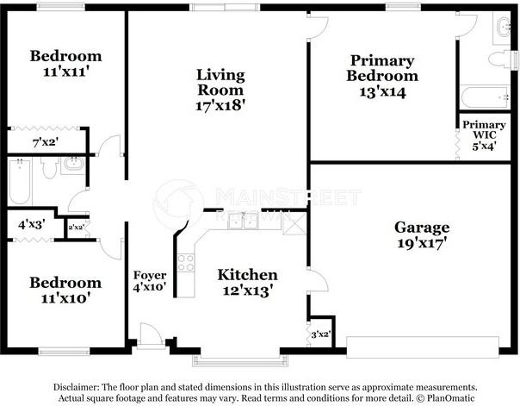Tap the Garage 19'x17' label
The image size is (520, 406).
click(x=422, y=235)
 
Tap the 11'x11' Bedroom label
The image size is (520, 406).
click(x=65, y=64)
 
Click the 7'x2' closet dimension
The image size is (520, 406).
click(x=45, y=141)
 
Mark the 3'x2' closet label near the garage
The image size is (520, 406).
click(x=319, y=333)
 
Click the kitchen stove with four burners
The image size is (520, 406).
click(x=185, y=261)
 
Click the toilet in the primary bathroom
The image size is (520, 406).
click(x=500, y=59)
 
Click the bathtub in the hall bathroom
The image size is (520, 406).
click(x=20, y=182)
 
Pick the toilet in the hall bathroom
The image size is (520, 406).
click(x=49, y=168)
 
